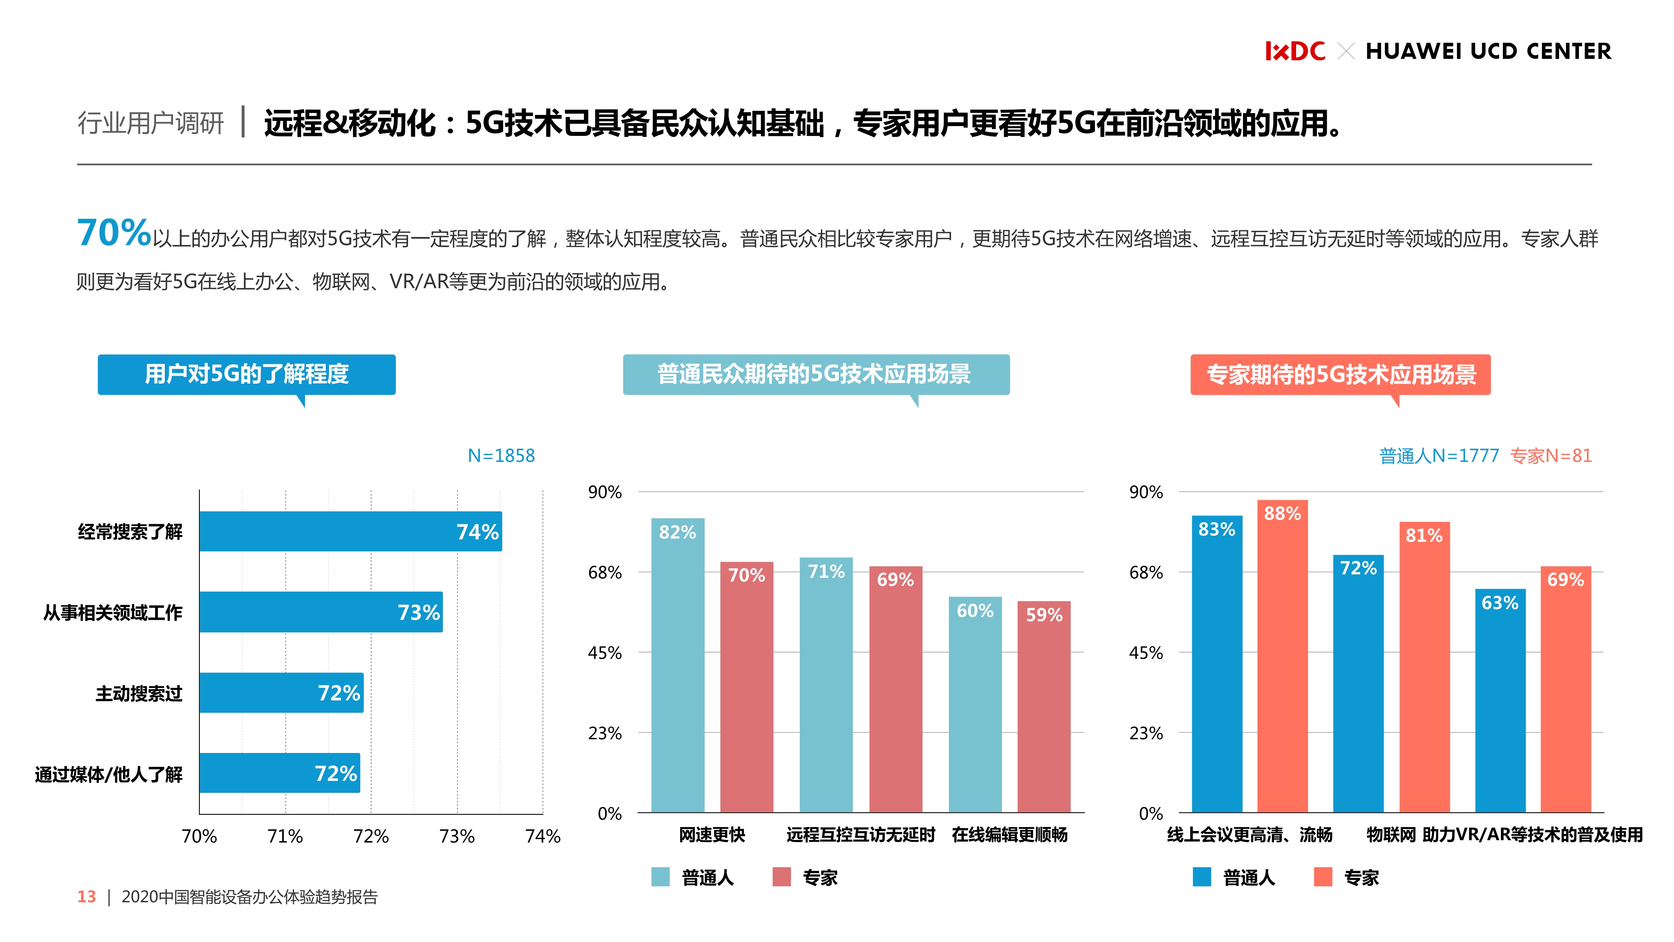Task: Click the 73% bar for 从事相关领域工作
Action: point(321,612)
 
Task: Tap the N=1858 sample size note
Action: point(501,456)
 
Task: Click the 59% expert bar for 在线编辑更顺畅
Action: point(1044,707)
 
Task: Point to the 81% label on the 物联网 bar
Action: point(1424,536)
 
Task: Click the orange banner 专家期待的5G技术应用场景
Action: point(1340,375)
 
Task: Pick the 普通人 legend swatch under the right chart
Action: point(1202,877)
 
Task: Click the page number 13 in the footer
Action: point(86,897)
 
